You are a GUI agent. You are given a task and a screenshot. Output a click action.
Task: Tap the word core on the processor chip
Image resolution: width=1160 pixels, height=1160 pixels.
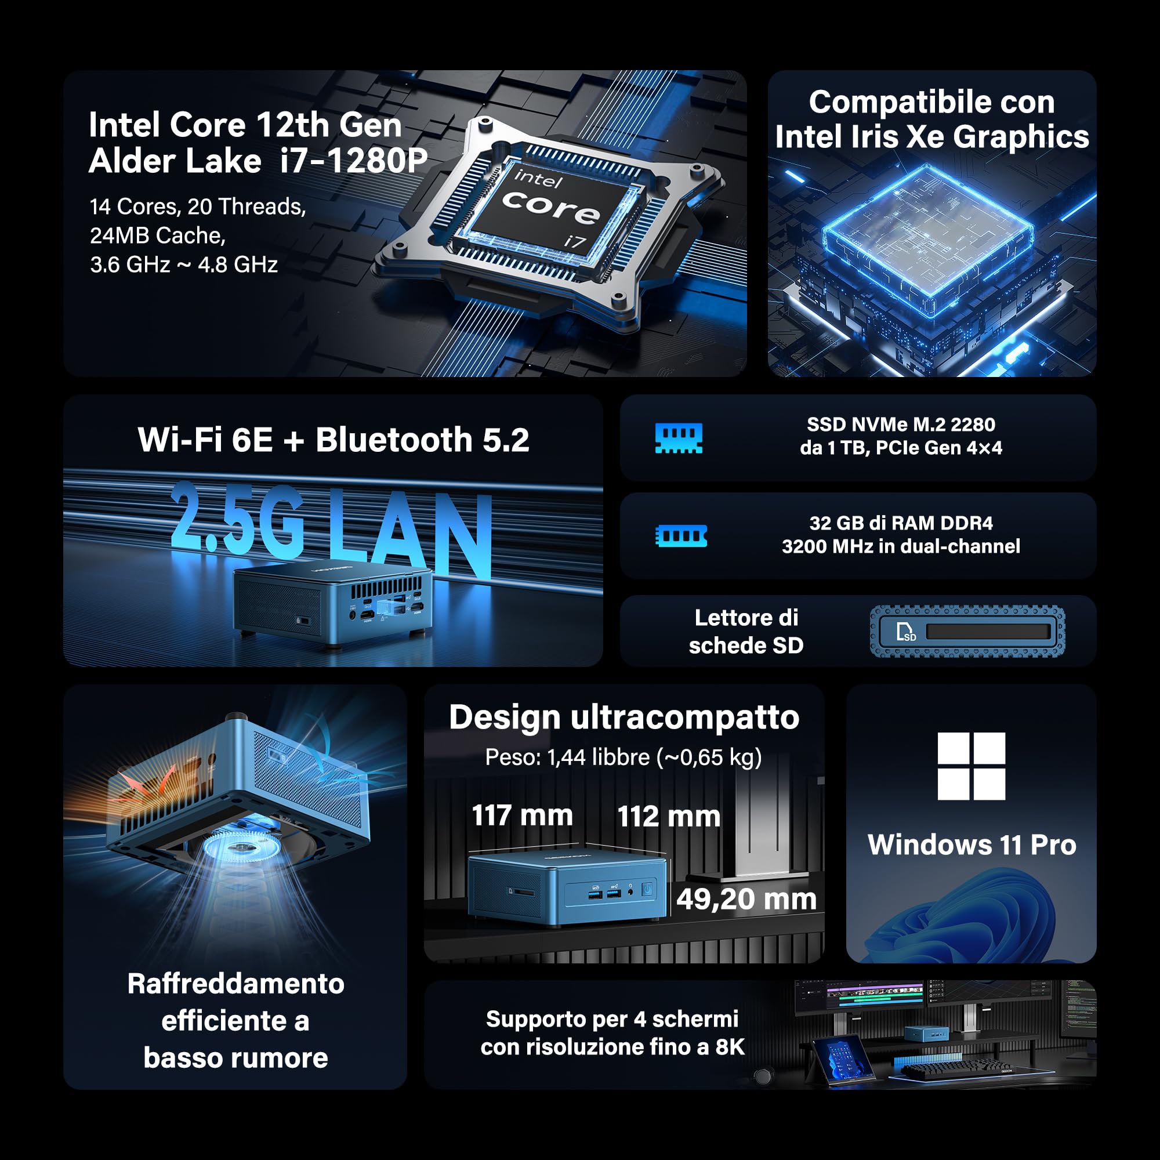pyautogui.click(x=550, y=206)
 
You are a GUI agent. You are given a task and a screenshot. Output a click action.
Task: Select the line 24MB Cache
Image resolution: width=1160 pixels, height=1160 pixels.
pyautogui.click(x=157, y=236)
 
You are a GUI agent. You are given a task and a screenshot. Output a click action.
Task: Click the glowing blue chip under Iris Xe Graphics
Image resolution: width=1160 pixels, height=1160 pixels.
pyautogui.click(x=927, y=240)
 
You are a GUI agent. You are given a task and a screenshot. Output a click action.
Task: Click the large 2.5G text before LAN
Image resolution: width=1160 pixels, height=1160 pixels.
pyautogui.click(x=237, y=519)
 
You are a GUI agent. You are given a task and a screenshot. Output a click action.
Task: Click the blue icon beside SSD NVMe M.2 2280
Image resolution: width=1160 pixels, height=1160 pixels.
pyautogui.click(x=679, y=438)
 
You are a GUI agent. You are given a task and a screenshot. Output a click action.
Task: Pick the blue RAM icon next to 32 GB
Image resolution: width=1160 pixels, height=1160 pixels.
pyautogui.click(x=681, y=535)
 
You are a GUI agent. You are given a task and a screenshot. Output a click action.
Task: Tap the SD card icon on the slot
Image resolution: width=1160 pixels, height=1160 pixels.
pyautogui.click(x=905, y=632)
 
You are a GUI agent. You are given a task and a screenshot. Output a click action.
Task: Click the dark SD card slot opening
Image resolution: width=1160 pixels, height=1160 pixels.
pyautogui.click(x=988, y=632)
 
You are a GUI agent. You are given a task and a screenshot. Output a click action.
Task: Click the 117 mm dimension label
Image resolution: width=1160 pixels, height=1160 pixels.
pyautogui.click(x=523, y=815)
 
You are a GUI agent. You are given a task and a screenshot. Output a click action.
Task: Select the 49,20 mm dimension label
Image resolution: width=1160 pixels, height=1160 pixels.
pyautogui.click(x=746, y=900)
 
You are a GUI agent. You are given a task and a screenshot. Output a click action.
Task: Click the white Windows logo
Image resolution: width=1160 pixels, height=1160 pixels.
pyautogui.click(x=971, y=766)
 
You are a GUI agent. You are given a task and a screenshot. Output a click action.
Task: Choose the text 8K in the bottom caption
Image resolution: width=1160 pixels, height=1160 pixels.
pyautogui.click(x=730, y=1047)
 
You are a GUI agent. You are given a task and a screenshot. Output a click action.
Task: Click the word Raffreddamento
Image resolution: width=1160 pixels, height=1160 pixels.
pyautogui.click(x=236, y=984)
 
